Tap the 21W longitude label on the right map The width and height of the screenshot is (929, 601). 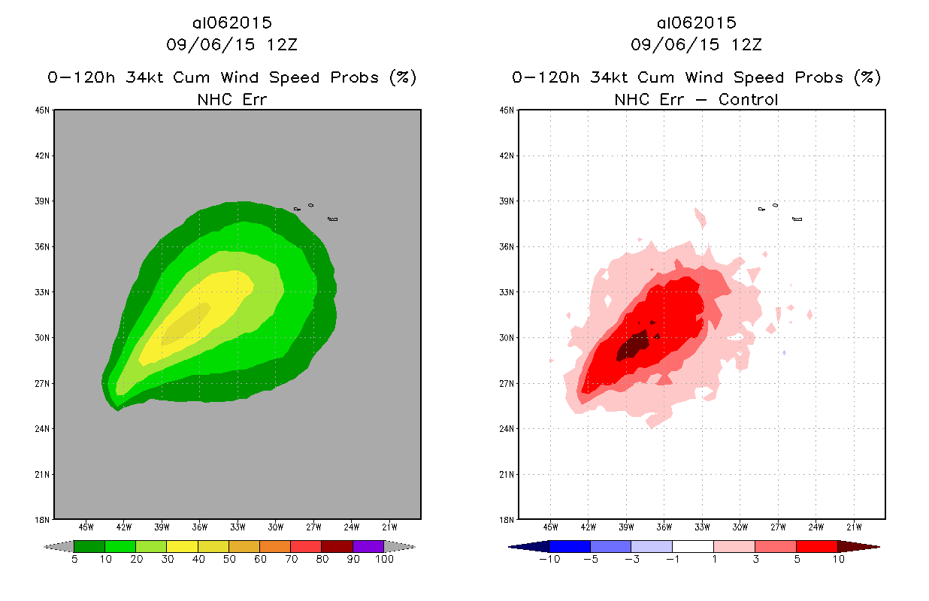coord(855,525)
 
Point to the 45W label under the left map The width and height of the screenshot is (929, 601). coord(86,525)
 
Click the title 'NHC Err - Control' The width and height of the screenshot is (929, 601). coord(696,99)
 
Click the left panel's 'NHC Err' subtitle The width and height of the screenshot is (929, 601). coord(231,99)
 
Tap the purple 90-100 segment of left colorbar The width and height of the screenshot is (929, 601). coord(368,546)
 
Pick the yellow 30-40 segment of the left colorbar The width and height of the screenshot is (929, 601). coord(183,546)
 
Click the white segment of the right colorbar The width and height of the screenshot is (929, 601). coord(692,546)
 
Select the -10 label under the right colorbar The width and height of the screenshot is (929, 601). coord(549,559)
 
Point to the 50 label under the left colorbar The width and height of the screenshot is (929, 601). coord(228,559)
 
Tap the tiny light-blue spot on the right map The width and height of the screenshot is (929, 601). coord(784,352)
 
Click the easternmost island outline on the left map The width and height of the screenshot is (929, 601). coord(333,219)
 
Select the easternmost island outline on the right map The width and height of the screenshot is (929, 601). coord(797,219)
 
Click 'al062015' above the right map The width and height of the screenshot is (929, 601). coord(696,23)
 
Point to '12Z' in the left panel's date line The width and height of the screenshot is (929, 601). coord(282,44)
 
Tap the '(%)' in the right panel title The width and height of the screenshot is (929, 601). coord(867,77)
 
